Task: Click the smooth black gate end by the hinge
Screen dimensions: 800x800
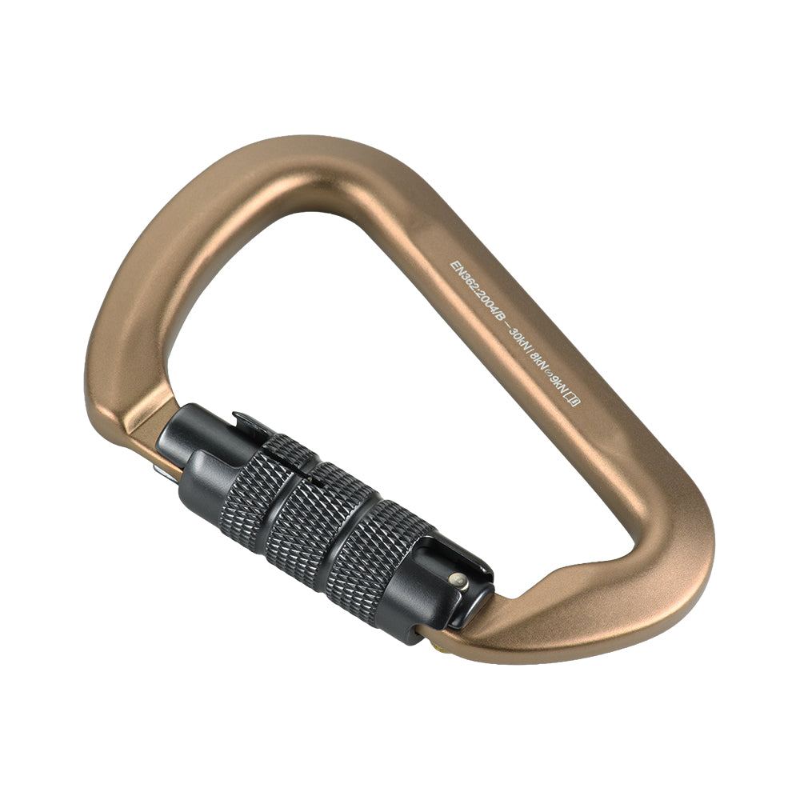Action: (x=188, y=448)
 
